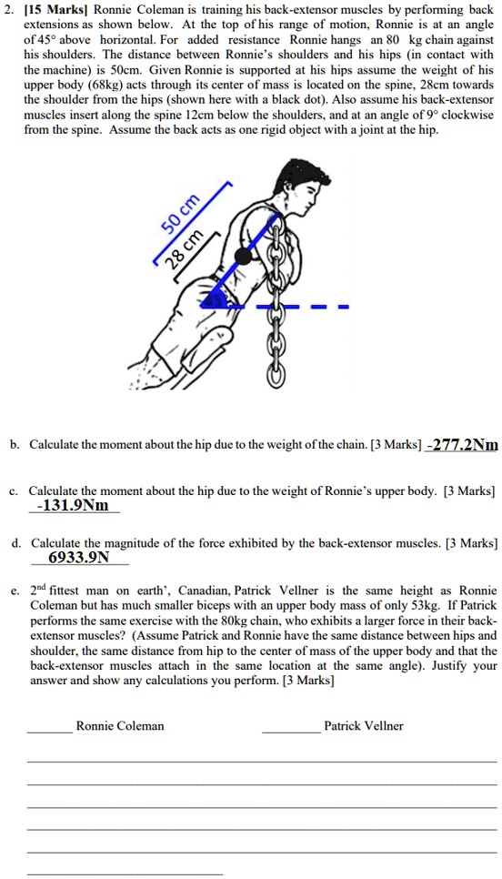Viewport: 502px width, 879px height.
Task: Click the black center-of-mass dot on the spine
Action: click(244, 257)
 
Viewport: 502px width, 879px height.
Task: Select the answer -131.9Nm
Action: click(72, 505)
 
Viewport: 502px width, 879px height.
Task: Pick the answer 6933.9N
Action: click(78, 558)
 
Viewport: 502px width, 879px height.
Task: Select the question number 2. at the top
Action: click(10, 9)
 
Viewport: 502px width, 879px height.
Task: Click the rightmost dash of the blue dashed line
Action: click(341, 307)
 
